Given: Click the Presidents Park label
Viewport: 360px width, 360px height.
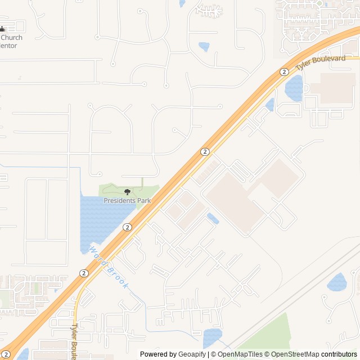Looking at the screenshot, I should (x=127, y=200).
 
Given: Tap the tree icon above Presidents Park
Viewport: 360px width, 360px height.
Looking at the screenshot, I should (x=127, y=192).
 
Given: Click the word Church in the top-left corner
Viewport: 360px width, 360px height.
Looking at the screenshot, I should (x=11, y=38).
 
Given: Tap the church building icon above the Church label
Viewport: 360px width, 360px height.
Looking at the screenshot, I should (x=2, y=29).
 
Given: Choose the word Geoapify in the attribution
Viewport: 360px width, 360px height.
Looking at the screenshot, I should (x=193, y=354).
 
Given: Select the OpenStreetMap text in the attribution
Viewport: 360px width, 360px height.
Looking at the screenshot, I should (x=295, y=354).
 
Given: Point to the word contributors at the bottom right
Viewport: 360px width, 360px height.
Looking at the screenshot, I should (x=339, y=354).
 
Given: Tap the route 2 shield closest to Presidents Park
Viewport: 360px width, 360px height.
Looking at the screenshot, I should (x=127, y=227).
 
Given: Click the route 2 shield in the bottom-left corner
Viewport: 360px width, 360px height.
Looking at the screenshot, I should (x=6, y=354).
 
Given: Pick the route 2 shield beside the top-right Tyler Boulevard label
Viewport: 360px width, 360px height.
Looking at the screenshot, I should (x=284, y=72).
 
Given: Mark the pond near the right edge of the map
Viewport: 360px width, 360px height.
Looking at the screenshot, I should (x=337, y=282).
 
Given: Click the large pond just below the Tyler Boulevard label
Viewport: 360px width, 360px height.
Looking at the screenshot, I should (x=294, y=88).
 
